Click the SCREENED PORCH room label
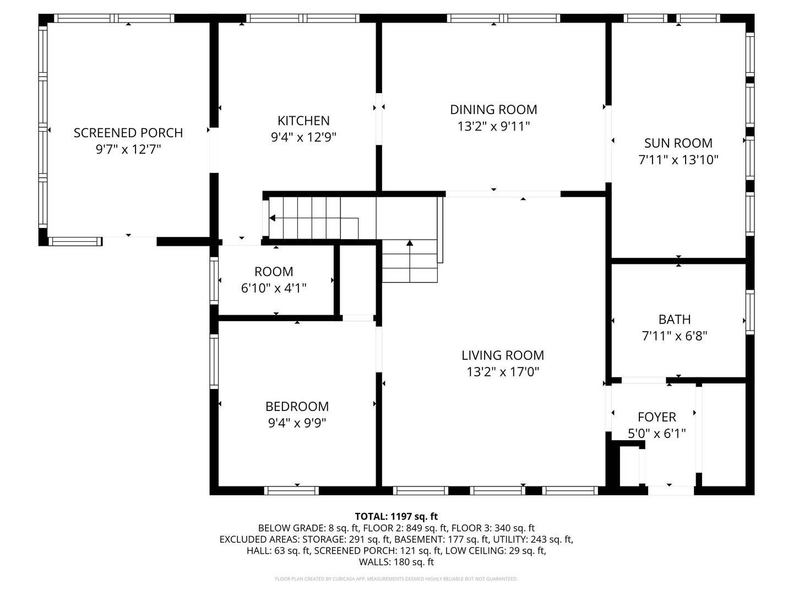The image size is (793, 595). tap(128, 133)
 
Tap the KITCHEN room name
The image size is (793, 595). tap(303, 121)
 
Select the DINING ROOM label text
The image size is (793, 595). tap(493, 110)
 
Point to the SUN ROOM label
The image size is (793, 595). tap(678, 143)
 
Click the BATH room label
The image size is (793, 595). tap(675, 320)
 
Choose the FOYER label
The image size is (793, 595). tap(657, 417)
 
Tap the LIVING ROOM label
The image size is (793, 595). tap(503, 355)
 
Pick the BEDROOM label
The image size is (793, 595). tap(297, 407)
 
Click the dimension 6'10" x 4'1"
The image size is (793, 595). tap(274, 288)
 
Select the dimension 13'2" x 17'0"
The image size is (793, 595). tap(503, 372)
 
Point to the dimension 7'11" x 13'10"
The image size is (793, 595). tap(678, 160)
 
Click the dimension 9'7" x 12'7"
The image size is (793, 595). tap(128, 149)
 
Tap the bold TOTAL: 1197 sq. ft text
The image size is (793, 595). tap(397, 516)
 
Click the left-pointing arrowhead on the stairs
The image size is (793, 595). tap(272, 218)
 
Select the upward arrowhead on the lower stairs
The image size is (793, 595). tap(409, 243)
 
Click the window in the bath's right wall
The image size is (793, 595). tap(750, 312)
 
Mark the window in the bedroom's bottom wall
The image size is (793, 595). tap(291, 490)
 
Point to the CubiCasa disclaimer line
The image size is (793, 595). tap(397, 578)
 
